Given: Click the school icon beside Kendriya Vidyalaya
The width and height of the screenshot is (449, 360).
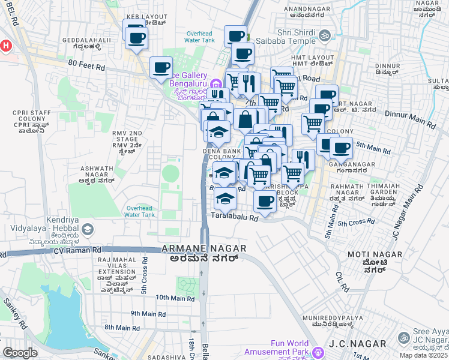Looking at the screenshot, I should point(88,229).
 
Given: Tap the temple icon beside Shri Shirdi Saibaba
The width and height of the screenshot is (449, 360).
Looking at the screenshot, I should point(325,36).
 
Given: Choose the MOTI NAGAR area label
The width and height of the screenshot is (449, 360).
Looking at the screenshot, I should point(372,255).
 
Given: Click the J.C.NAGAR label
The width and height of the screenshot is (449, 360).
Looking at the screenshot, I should point(352,346).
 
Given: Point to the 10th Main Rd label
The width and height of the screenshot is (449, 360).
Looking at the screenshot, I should point(175,298).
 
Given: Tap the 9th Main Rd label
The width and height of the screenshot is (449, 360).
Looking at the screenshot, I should point(148,314).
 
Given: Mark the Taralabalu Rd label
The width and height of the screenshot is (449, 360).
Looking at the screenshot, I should point(234,218).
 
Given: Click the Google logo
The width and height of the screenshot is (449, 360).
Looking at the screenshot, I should point(20,353).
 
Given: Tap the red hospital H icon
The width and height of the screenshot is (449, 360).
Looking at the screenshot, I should point(5,46).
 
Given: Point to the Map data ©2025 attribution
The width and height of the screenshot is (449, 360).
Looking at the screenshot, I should point(424,355).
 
